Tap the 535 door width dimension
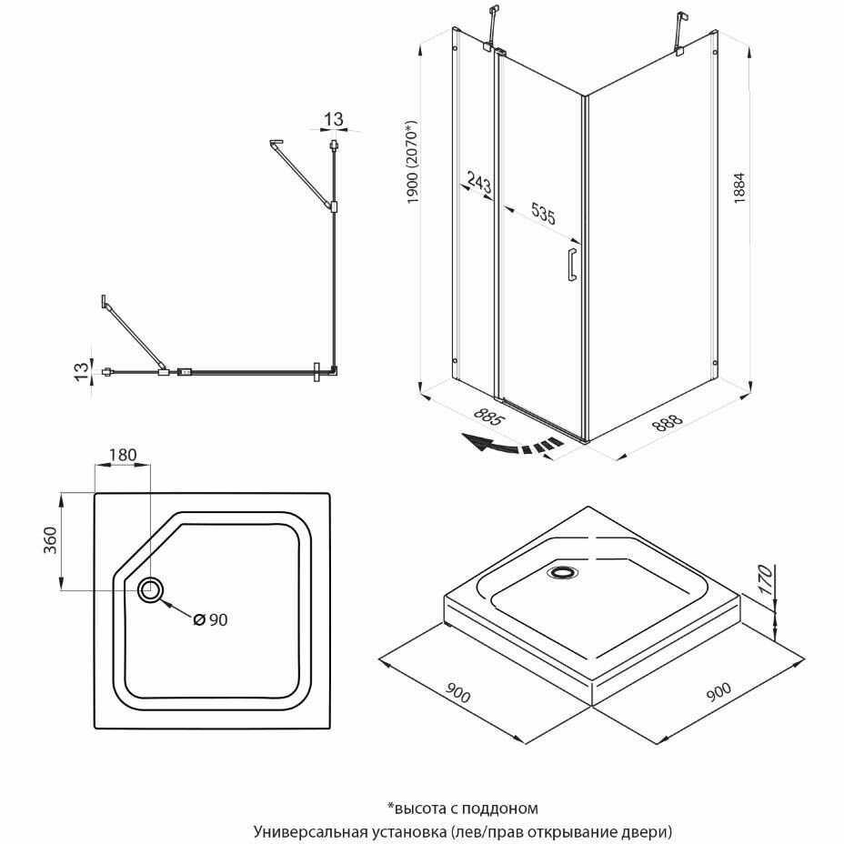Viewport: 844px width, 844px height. (x=543, y=216)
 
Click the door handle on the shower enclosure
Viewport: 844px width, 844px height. (x=571, y=264)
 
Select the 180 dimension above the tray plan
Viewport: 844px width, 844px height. (x=123, y=455)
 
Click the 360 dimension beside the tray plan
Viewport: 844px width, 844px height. (x=52, y=539)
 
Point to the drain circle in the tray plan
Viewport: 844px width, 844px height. (x=151, y=590)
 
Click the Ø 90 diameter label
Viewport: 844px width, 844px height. (x=210, y=619)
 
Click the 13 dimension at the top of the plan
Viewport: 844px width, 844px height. (x=334, y=118)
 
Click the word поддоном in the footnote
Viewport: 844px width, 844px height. (x=505, y=808)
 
